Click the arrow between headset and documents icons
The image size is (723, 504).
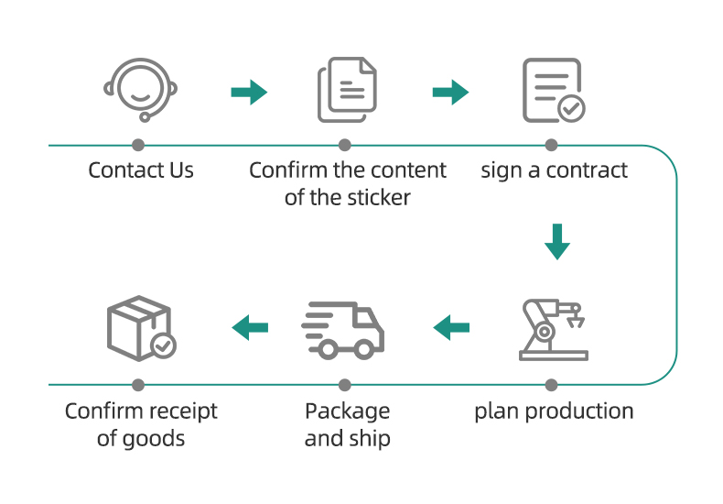point(249,93)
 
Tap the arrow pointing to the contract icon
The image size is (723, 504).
point(450,93)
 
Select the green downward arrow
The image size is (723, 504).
point(557,242)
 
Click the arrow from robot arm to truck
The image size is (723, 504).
point(451,328)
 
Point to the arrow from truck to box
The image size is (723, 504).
point(250,328)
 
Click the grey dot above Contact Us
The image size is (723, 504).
point(138,145)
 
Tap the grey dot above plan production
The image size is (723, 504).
point(551,385)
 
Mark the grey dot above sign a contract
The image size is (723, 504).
point(551,145)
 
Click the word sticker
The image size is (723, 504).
point(379,198)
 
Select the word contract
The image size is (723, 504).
point(587,170)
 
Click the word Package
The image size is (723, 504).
point(347,411)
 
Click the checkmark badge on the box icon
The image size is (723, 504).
point(163,345)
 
